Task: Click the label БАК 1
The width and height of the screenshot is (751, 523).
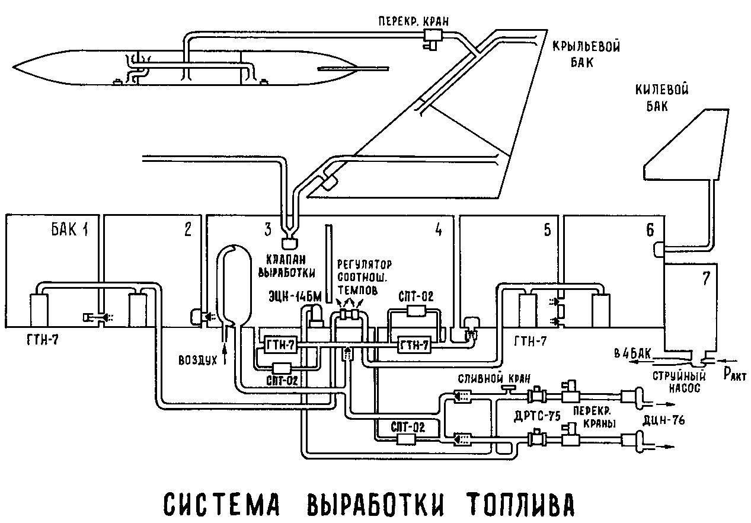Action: point(69,229)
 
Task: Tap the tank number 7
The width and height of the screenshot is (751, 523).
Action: point(705,280)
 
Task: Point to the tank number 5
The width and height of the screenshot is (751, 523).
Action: point(546,229)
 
